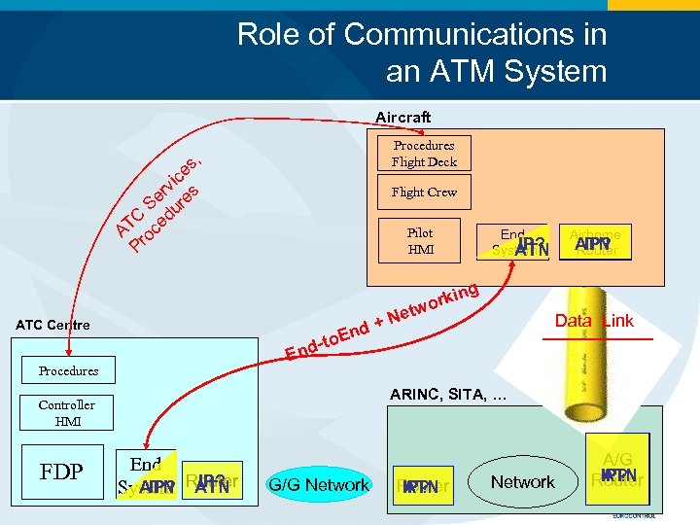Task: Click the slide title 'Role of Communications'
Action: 422,52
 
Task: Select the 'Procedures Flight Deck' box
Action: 424,154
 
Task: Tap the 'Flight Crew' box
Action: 424,192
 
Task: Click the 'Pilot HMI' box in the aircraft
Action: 420,241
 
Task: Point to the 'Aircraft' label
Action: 402,118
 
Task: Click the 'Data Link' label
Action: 593,321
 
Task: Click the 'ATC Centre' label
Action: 52,325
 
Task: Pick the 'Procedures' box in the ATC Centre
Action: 68,370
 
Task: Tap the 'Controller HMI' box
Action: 67,413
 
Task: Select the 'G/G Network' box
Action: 319,484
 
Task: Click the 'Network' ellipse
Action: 522,482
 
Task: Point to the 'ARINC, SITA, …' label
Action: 447,395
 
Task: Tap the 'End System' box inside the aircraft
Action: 513,242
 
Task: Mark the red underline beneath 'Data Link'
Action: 597,338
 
